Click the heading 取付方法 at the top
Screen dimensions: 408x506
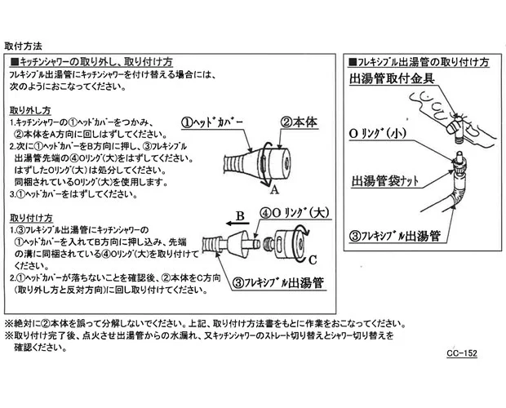24,47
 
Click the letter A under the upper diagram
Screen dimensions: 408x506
275,188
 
